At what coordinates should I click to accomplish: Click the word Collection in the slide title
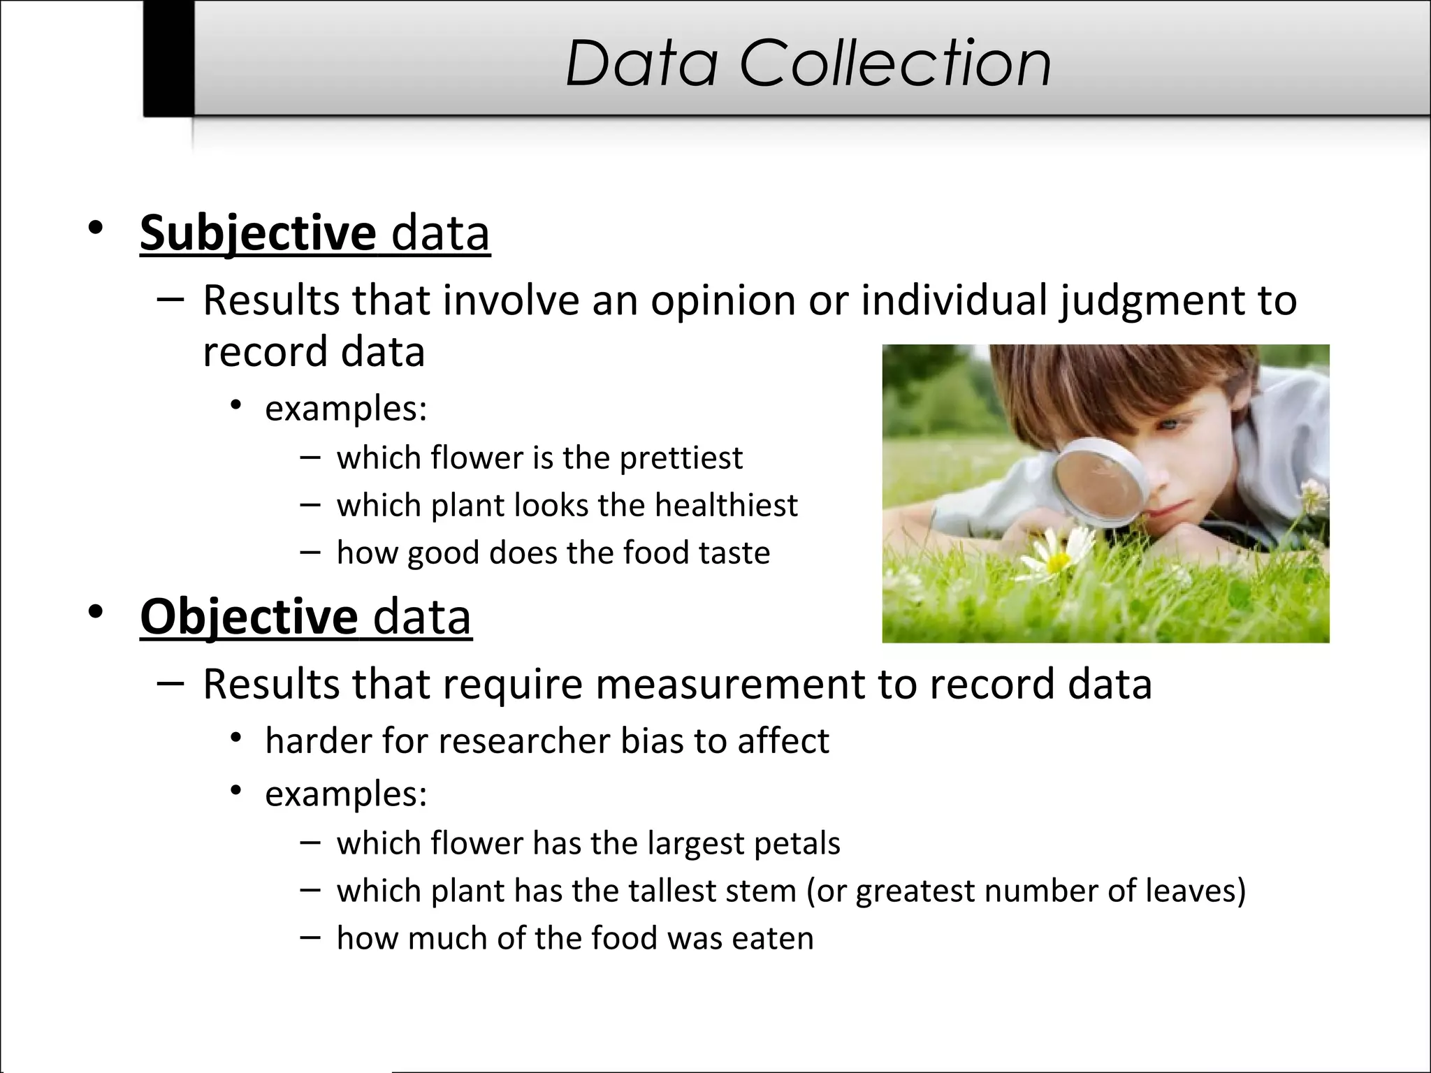895,64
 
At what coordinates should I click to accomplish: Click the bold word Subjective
258,233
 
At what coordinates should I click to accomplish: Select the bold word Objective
249,617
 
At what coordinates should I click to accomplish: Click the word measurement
730,684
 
